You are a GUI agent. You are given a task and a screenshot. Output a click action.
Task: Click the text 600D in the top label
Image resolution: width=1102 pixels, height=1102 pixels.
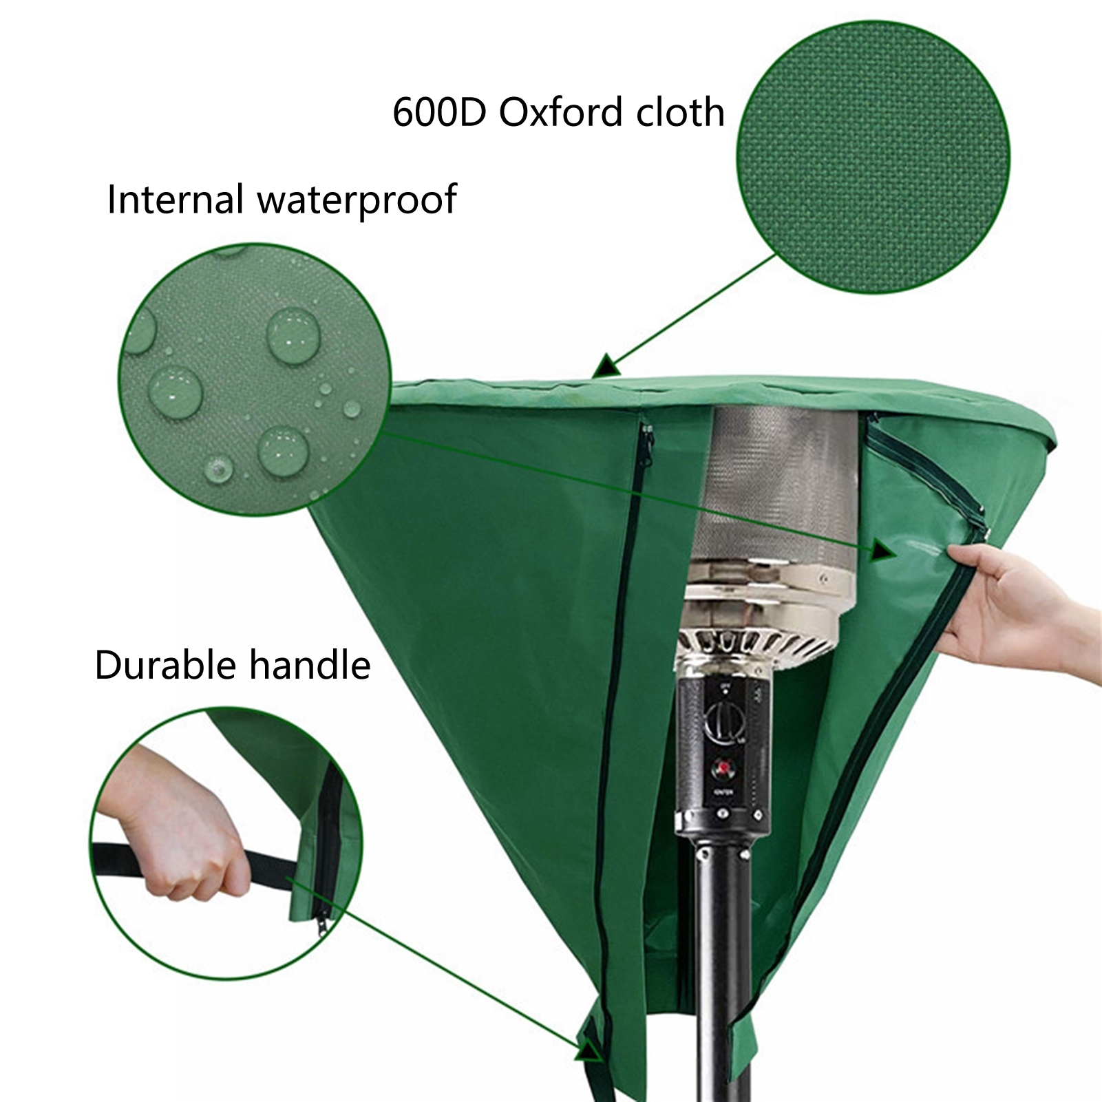click(439, 112)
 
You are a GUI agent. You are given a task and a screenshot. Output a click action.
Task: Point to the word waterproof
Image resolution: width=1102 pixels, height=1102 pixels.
click(357, 201)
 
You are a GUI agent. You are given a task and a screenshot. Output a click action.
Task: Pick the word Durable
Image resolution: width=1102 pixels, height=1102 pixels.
click(165, 666)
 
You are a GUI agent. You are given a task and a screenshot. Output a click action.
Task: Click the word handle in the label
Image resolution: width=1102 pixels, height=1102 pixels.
click(310, 666)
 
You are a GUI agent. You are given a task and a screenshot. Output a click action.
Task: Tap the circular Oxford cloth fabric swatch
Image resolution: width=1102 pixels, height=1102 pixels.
click(873, 157)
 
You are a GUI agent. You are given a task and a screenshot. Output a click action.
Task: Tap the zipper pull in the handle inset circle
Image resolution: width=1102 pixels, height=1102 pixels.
click(322, 922)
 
